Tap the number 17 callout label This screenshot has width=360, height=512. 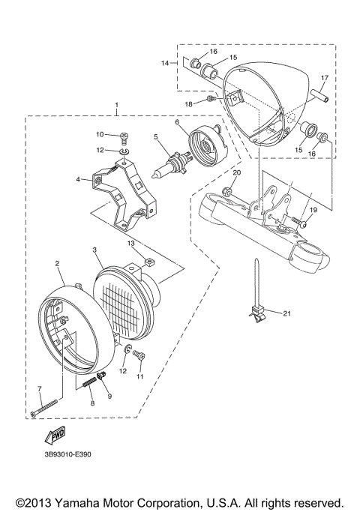[x=325, y=78]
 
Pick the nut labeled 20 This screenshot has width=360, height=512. [x=225, y=194]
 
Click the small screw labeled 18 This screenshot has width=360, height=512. [x=212, y=99]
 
